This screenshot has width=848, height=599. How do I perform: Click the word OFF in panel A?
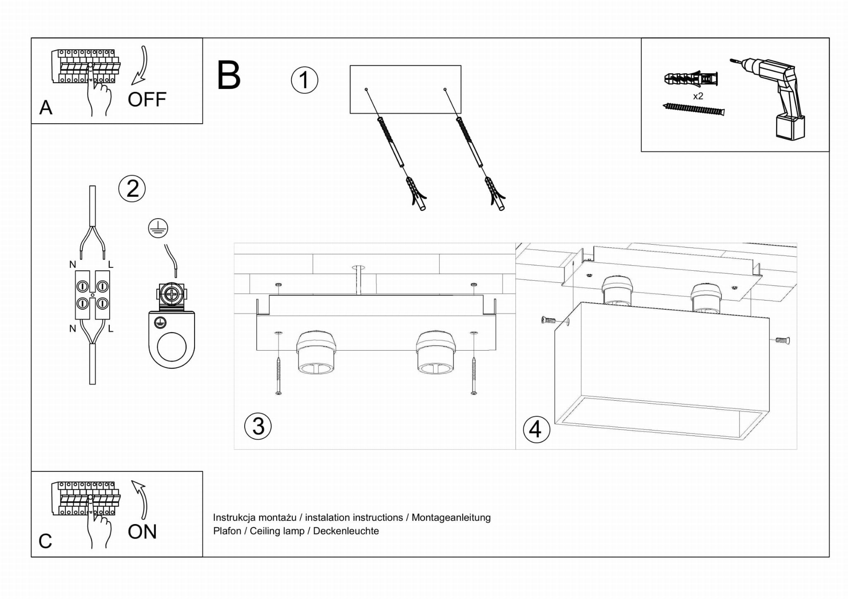(x=147, y=100)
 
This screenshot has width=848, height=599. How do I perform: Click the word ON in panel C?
(x=142, y=532)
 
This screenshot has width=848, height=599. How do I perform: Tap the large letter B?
(x=229, y=75)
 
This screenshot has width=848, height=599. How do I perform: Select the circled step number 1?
(x=304, y=80)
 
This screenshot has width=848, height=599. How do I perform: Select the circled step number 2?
(x=132, y=189)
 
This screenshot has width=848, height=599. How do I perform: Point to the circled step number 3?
(x=258, y=426)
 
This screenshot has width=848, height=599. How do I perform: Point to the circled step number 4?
(x=536, y=429)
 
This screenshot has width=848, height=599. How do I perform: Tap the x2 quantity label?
(x=698, y=96)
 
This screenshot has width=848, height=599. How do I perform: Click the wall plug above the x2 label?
(x=691, y=78)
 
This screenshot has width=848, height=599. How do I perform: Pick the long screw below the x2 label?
(x=694, y=109)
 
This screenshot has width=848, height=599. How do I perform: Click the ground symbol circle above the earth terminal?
(x=158, y=229)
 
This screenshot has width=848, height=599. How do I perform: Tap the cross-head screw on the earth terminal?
(x=171, y=294)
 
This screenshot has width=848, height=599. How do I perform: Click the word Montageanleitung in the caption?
(x=451, y=517)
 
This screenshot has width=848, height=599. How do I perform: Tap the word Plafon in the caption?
(x=227, y=531)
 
